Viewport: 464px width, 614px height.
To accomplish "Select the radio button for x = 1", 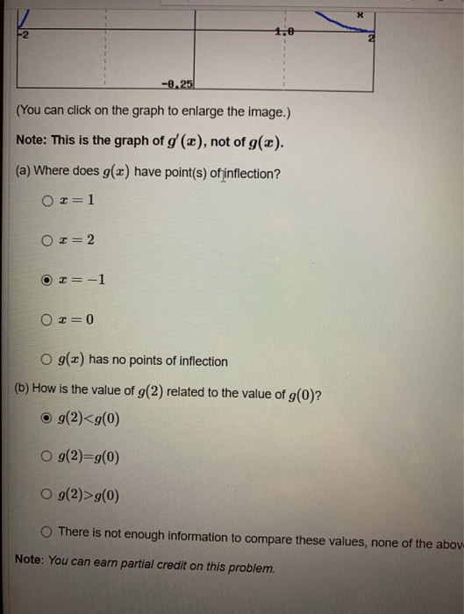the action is click(x=47, y=201).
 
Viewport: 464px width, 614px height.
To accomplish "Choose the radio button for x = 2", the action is click(x=47, y=239).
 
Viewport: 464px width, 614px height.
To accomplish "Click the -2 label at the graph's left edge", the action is click(x=20, y=35).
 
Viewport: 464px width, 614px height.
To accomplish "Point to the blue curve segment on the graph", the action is click(x=338, y=18).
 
